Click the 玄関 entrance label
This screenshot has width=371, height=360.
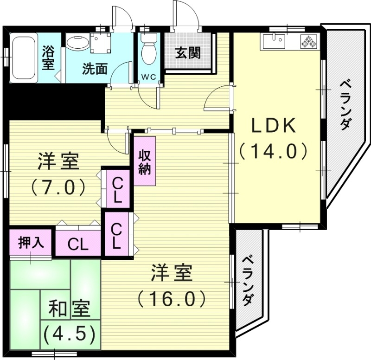[188, 53]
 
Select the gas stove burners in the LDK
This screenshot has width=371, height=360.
[308, 42]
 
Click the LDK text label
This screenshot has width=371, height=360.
[274, 125]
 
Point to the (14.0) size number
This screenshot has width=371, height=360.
[274, 152]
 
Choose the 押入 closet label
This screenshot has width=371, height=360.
[31, 243]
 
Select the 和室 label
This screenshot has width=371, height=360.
[70, 309]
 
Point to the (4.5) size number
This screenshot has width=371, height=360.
[70, 333]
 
